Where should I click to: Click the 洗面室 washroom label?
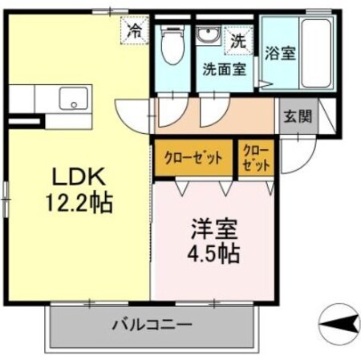click(x=224, y=70)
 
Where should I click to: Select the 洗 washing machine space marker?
click(x=237, y=38)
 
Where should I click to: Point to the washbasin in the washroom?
click(x=209, y=37)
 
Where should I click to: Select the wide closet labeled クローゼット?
click(x=193, y=157)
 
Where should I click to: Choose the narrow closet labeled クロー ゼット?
click(x=256, y=157)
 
